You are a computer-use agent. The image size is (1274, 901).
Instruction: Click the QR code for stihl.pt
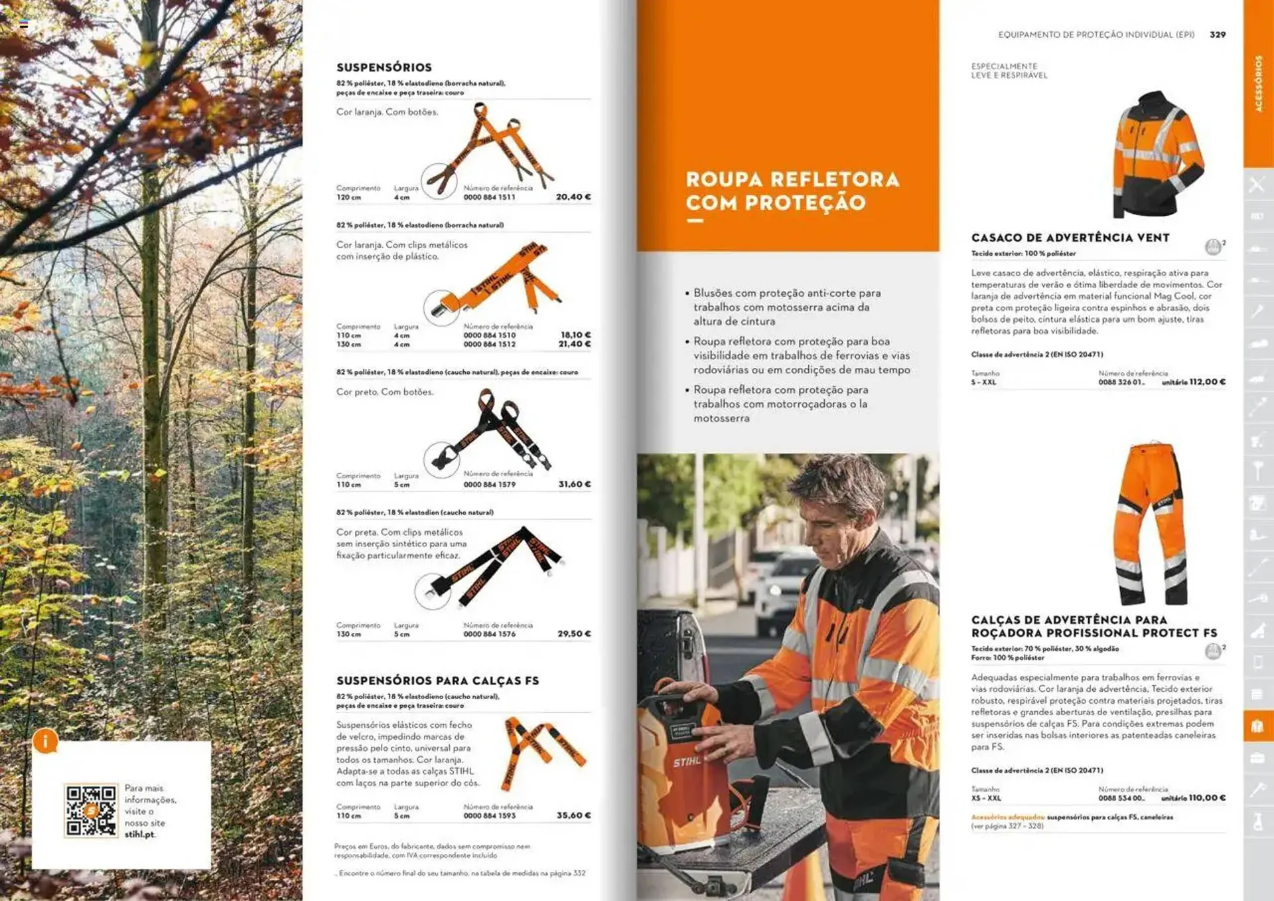[x=90, y=810]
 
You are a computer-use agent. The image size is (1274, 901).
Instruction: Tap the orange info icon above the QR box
[x=45, y=741]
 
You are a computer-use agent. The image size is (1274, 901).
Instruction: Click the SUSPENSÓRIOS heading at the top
[x=384, y=67]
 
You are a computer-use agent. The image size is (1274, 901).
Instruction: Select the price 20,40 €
[x=573, y=197]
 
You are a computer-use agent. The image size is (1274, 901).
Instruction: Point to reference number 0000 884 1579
[x=489, y=485]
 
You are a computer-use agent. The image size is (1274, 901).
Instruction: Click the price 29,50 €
[x=573, y=634]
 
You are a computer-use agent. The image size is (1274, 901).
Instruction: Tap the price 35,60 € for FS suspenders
[x=573, y=815]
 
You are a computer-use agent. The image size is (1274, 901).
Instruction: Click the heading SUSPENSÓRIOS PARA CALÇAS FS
[x=437, y=681]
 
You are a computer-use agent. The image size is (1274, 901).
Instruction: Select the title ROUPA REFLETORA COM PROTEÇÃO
[x=792, y=191]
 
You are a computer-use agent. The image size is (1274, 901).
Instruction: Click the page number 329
[x=1217, y=35]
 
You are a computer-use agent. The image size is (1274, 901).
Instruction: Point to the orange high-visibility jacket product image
[x=1158, y=154]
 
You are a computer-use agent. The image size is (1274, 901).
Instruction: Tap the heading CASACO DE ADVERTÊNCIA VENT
[x=1070, y=238]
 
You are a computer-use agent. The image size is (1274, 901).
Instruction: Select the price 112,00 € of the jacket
[x=1207, y=382]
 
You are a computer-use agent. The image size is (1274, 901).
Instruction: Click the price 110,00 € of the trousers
[x=1207, y=798]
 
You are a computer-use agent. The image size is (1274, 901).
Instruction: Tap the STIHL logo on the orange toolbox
[x=686, y=762]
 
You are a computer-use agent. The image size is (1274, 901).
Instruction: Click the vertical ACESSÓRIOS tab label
[x=1258, y=84]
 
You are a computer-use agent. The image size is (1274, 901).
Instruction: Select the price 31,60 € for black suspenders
[x=573, y=485]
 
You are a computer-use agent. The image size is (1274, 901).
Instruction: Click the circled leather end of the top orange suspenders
[x=439, y=181]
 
